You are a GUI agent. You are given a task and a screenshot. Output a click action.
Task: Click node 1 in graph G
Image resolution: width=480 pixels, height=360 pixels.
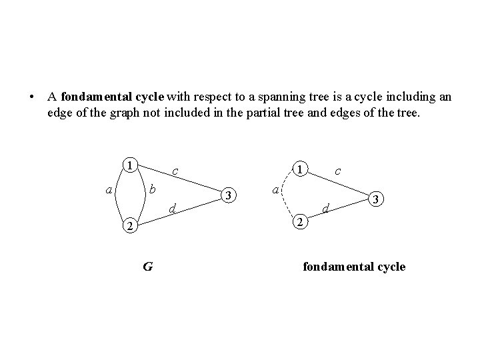pos(131,165)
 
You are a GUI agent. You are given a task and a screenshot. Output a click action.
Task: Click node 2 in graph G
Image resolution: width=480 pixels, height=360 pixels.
pos(131,227)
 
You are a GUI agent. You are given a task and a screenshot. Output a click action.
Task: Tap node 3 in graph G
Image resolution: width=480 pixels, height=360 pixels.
pos(229,195)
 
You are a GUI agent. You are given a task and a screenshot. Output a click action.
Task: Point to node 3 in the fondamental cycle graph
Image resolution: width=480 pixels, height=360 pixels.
pos(377,199)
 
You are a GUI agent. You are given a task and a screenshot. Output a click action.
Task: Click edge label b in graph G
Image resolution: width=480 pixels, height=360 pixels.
pos(152,189)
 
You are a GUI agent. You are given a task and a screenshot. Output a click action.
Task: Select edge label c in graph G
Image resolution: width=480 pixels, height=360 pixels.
pos(174,172)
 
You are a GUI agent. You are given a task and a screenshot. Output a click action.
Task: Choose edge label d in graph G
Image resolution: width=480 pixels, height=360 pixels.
pos(172,209)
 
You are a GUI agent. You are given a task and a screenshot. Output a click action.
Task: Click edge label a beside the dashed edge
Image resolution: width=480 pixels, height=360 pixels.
pos(275,191)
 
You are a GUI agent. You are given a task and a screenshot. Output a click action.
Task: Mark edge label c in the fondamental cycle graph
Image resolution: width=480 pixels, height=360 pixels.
pos(338,171)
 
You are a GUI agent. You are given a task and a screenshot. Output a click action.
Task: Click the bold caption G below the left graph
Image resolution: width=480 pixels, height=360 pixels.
pos(147,267)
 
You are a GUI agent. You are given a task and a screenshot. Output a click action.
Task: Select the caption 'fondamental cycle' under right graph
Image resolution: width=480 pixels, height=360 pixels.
pos(354,267)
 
